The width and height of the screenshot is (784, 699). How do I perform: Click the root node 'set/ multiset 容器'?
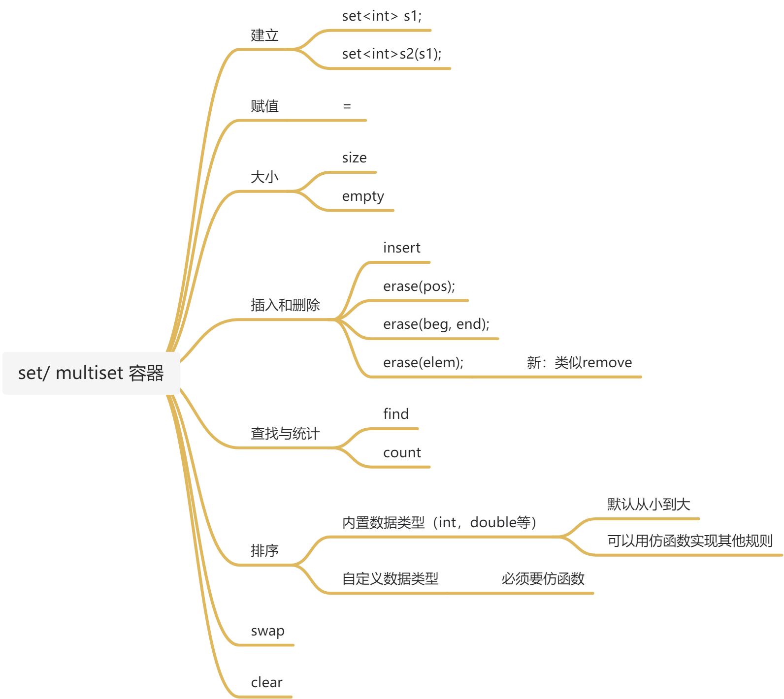[x=91, y=373]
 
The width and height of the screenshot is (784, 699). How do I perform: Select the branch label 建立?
[x=264, y=35]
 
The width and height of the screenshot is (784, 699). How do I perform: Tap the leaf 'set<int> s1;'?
[x=382, y=16]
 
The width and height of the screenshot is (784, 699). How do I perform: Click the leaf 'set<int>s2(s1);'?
[x=392, y=54]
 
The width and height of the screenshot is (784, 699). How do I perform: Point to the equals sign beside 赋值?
[x=347, y=106]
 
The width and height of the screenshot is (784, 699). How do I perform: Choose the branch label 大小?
[x=264, y=177]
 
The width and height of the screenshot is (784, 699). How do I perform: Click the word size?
[x=354, y=158]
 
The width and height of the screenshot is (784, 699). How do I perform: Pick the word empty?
[x=363, y=196]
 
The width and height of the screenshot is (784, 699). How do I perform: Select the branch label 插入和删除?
[x=285, y=305]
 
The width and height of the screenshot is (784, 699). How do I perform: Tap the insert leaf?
[x=402, y=248]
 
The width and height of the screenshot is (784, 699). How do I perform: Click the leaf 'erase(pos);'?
[x=419, y=286]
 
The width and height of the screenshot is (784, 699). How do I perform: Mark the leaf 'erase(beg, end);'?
[x=436, y=324]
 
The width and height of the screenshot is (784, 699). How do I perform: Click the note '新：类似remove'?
[x=579, y=363]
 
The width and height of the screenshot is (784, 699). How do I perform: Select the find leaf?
[x=396, y=414]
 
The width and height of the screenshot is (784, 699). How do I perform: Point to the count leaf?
[x=402, y=453]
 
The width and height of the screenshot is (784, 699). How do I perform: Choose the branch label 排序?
[x=264, y=550]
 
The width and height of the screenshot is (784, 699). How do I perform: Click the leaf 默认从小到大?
[x=649, y=504]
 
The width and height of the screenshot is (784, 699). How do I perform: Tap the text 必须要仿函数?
[x=543, y=579]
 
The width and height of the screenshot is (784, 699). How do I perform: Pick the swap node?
[x=267, y=631]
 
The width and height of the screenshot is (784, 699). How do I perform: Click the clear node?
[x=266, y=683]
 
